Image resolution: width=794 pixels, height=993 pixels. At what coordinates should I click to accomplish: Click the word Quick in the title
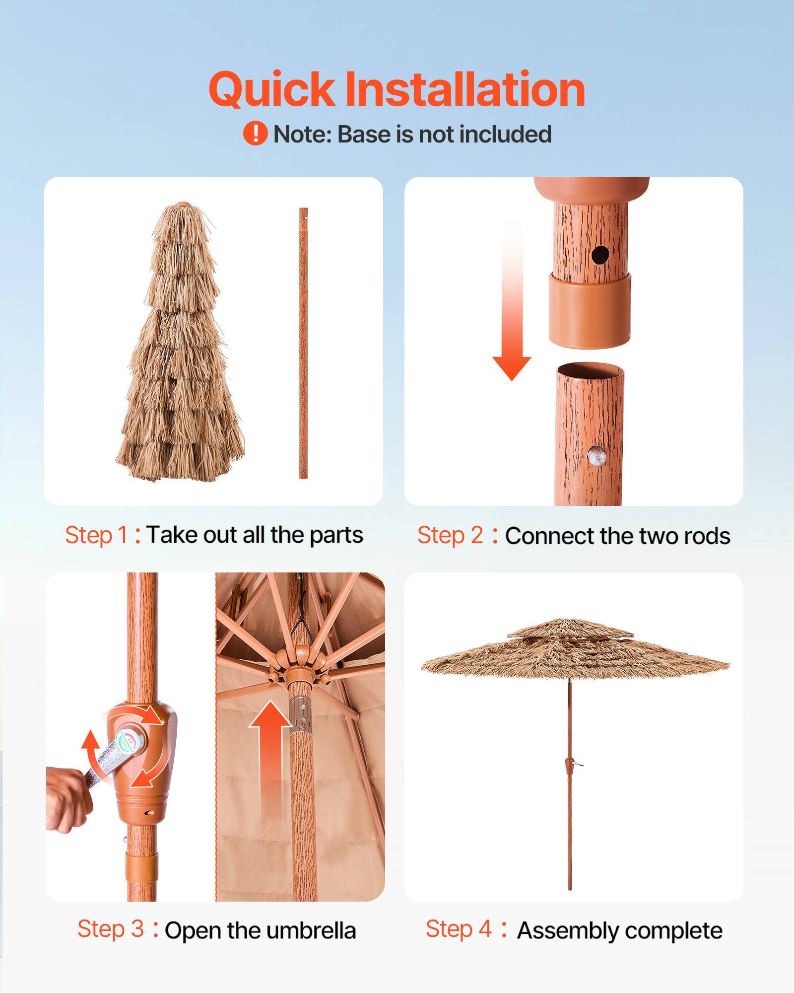coord(271,90)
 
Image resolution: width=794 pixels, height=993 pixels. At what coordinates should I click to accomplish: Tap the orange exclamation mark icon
coord(255,134)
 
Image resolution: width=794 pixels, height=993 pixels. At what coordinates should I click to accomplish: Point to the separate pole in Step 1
coord(303,343)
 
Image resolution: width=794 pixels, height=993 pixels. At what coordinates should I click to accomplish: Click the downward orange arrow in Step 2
coord(512,303)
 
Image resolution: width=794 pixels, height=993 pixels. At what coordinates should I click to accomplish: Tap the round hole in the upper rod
coord(600,255)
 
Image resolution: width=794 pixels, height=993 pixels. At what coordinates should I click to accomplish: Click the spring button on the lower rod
coord(595,455)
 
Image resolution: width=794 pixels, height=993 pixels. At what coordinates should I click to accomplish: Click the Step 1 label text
coord(97,535)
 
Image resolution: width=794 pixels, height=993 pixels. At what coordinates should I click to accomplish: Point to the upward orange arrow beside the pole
coord(269,745)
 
